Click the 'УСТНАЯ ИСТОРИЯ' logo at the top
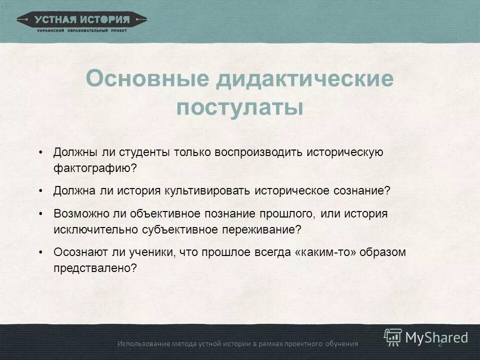[x=82, y=20]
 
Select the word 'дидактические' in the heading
[x=304, y=79]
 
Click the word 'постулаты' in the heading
[x=239, y=107]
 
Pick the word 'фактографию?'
[x=95, y=168]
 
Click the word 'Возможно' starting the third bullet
[x=78, y=213]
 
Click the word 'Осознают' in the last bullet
[x=78, y=252]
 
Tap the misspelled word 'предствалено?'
[x=95, y=268]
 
